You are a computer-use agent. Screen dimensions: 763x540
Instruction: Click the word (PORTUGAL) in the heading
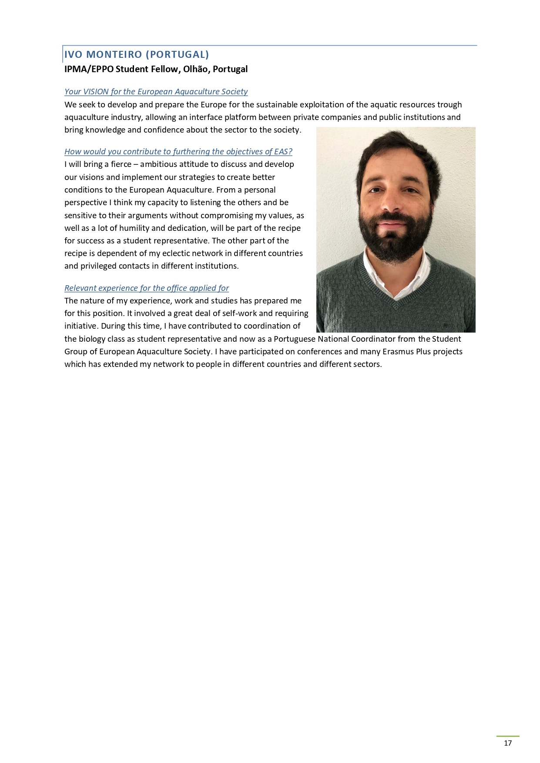click(x=177, y=54)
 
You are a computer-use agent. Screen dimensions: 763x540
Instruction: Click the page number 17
click(x=508, y=743)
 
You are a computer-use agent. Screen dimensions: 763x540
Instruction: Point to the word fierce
click(x=121, y=164)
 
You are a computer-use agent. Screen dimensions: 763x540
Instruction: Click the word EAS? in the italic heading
click(x=283, y=152)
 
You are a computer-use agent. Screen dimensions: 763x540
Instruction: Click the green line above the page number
click(x=508, y=736)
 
